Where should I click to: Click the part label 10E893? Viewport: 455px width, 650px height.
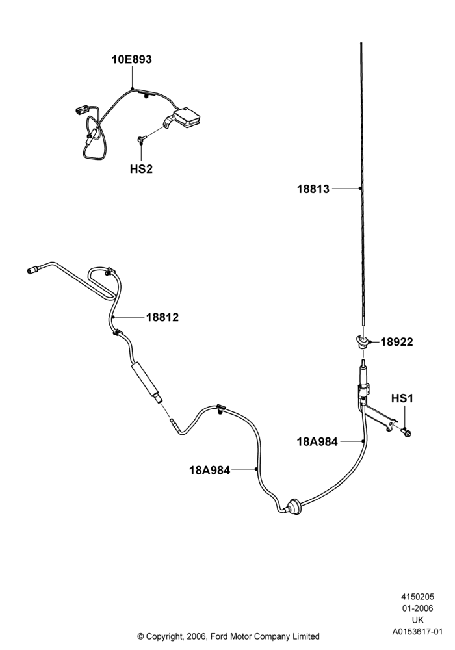point(131,59)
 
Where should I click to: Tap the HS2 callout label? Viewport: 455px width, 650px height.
point(141,169)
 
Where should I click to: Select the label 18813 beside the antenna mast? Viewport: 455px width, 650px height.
point(313,189)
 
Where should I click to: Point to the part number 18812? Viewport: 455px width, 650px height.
point(162,317)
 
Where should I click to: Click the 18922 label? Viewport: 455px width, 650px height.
point(396,342)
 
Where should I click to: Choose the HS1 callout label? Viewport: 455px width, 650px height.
point(402,398)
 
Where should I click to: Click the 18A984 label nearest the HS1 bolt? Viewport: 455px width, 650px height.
point(317,441)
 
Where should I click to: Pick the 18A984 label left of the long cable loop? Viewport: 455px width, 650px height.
point(210,471)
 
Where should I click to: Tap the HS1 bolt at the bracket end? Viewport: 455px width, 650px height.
point(406,433)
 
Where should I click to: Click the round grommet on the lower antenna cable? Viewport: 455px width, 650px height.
point(293,506)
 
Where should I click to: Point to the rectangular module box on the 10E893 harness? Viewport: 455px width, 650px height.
point(187,116)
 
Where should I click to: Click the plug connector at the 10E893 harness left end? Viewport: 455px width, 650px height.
point(83,110)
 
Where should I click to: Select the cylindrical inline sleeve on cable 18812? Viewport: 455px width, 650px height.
point(145,380)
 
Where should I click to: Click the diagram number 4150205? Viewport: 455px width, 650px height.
point(417,597)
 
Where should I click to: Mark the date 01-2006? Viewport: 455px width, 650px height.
point(418,608)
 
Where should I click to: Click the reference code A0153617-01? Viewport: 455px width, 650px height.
point(418,632)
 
